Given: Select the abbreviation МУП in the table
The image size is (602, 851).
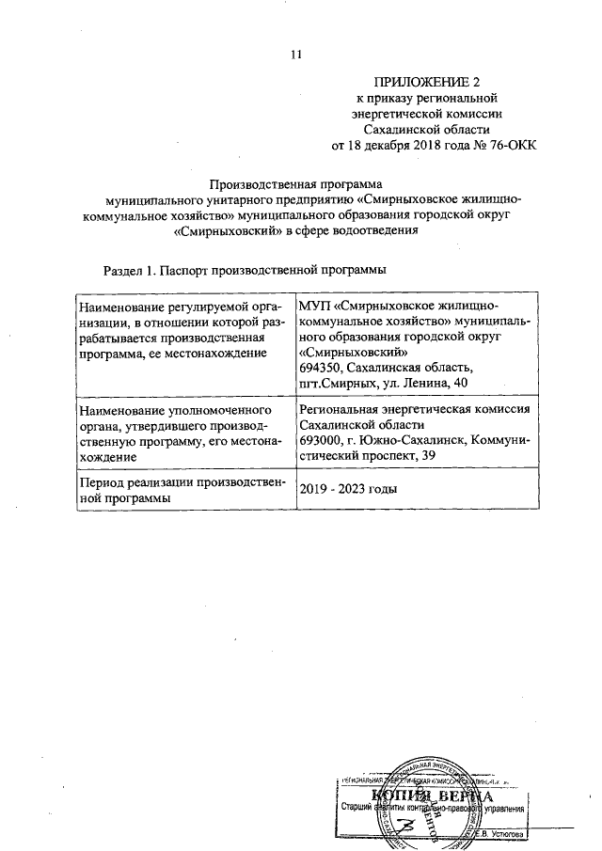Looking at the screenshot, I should pyautogui.click(x=314, y=306).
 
